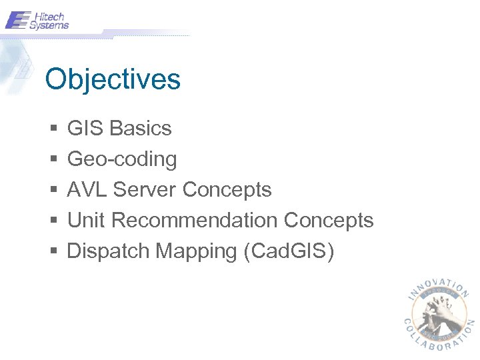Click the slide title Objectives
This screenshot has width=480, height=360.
[113, 79]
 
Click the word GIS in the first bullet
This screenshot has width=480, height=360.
[85, 128]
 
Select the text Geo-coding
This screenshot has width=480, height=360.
[122, 159]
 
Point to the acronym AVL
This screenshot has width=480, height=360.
[87, 189]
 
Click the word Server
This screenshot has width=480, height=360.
[145, 189]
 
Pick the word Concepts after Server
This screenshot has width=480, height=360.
[227, 189]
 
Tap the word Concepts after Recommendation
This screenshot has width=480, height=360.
[329, 220]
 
